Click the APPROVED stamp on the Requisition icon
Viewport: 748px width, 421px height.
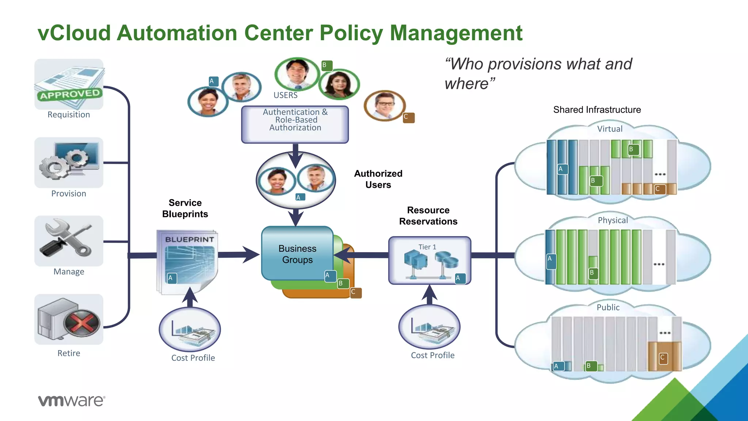pyautogui.click(x=69, y=94)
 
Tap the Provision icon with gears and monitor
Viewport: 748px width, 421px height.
pyautogui.click(x=69, y=162)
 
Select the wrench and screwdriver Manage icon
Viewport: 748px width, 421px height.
pyautogui.click(x=69, y=240)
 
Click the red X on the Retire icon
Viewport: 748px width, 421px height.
pyautogui.click(x=82, y=323)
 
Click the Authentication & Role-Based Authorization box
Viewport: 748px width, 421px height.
pyautogui.click(x=295, y=124)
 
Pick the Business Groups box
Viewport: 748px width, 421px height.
pyautogui.click(x=297, y=254)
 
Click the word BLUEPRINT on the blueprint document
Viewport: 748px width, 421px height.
pyautogui.click(x=190, y=239)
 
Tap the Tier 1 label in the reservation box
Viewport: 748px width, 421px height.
pyautogui.click(x=427, y=247)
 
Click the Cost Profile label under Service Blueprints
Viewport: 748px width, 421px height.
pyautogui.click(x=193, y=358)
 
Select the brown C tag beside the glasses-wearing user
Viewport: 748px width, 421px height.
pyautogui.click(x=409, y=117)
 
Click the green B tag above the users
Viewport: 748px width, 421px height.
pyautogui.click(x=327, y=65)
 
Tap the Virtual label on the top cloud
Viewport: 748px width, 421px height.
pyautogui.click(x=610, y=129)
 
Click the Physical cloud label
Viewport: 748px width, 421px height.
pyautogui.click(x=612, y=220)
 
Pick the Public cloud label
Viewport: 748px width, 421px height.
pyautogui.click(x=608, y=307)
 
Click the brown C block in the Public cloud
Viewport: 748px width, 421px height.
pyautogui.click(x=664, y=357)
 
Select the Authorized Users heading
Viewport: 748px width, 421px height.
pyautogui.click(x=378, y=179)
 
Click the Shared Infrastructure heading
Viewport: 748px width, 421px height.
pyautogui.click(x=597, y=110)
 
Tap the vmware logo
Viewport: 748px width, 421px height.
pyautogui.click(x=72, y=401)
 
